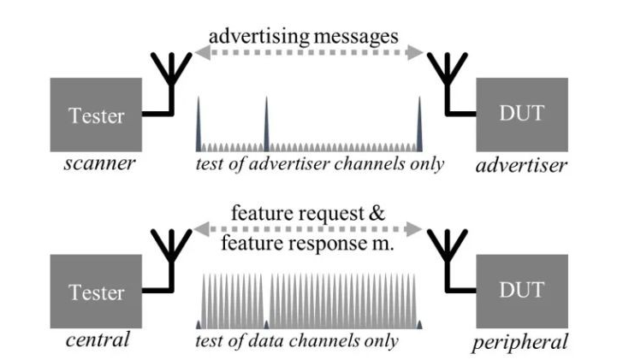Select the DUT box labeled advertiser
click(x=521, y=115)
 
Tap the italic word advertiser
click(x=521, y=165)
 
